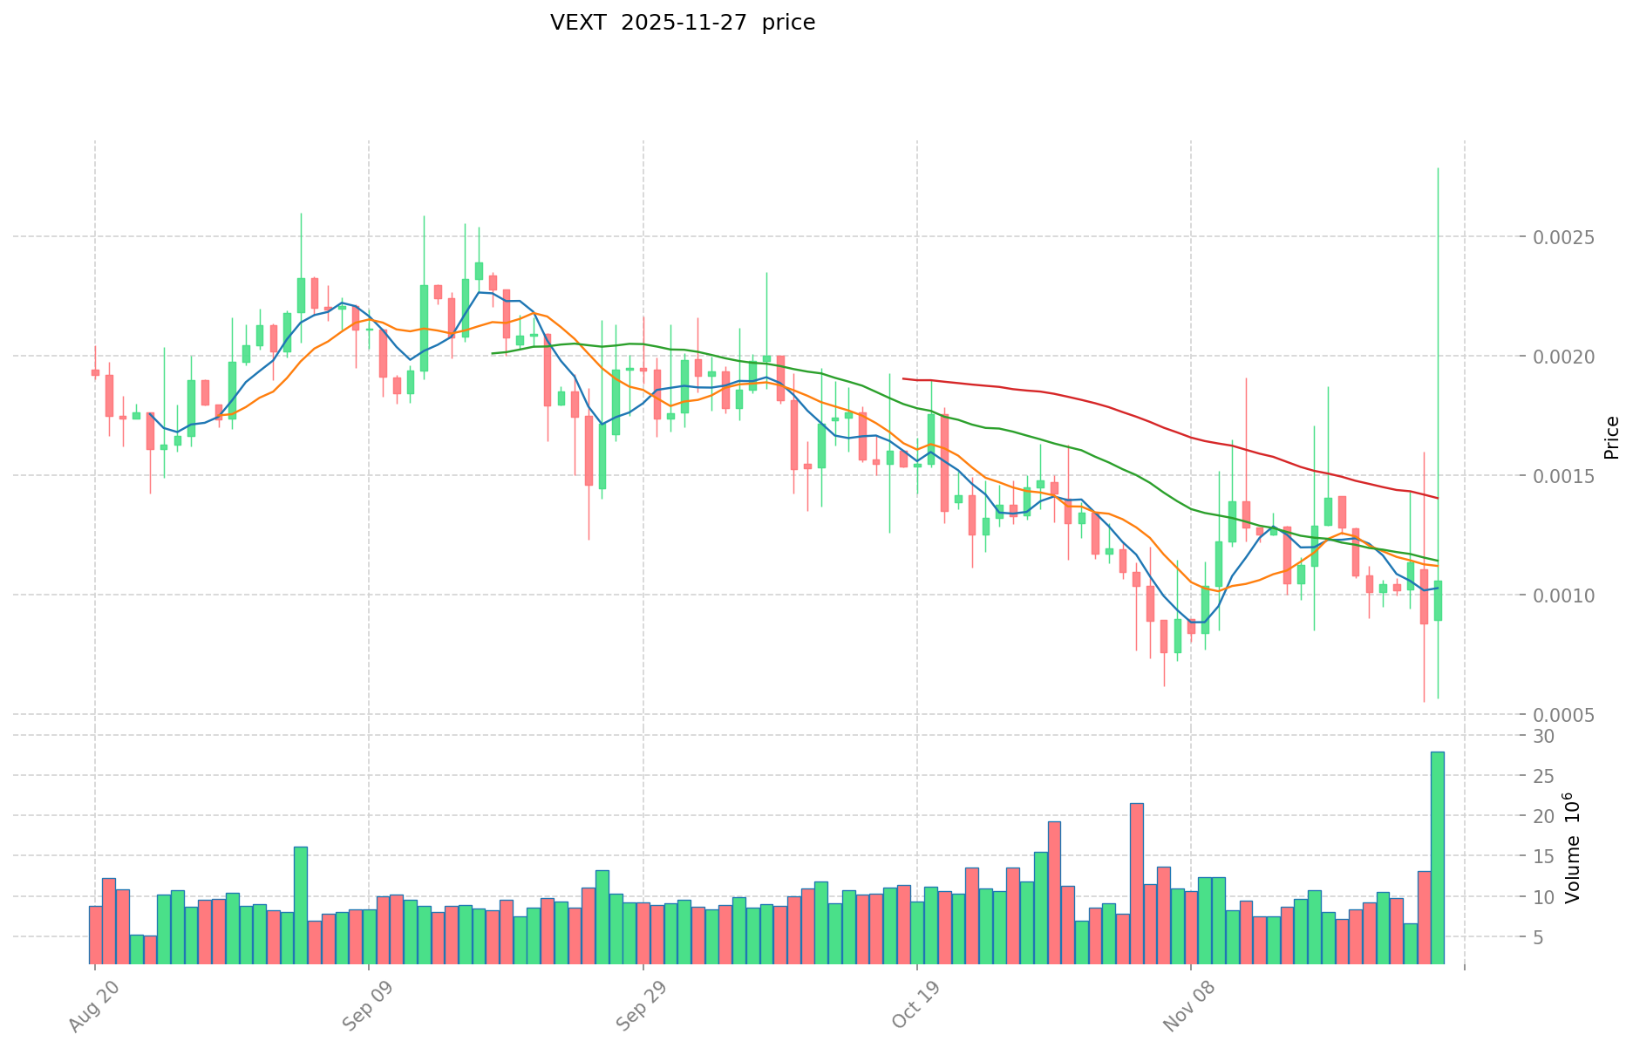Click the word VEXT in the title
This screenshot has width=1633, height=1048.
578,23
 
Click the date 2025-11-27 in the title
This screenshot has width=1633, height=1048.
684,23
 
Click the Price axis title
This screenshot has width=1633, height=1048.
1611,438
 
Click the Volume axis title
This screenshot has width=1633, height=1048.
1573,847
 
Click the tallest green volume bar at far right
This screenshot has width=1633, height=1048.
1437,859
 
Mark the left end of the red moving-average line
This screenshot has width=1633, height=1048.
904,378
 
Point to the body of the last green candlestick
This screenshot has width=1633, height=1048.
1438,601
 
